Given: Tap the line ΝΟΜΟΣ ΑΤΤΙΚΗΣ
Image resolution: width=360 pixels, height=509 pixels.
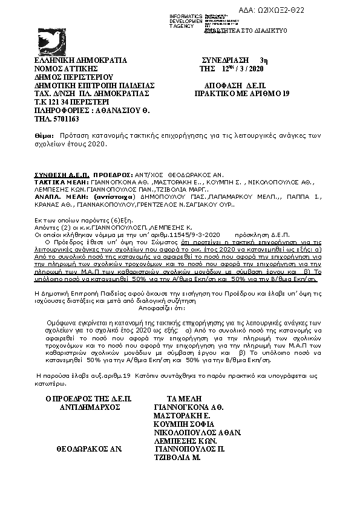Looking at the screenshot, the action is tap(69, 69).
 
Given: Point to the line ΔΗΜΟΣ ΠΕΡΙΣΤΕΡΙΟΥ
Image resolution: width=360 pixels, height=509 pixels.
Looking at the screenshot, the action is tap(74, 77).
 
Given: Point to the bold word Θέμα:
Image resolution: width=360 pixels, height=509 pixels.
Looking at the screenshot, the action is tap(44, 137).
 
